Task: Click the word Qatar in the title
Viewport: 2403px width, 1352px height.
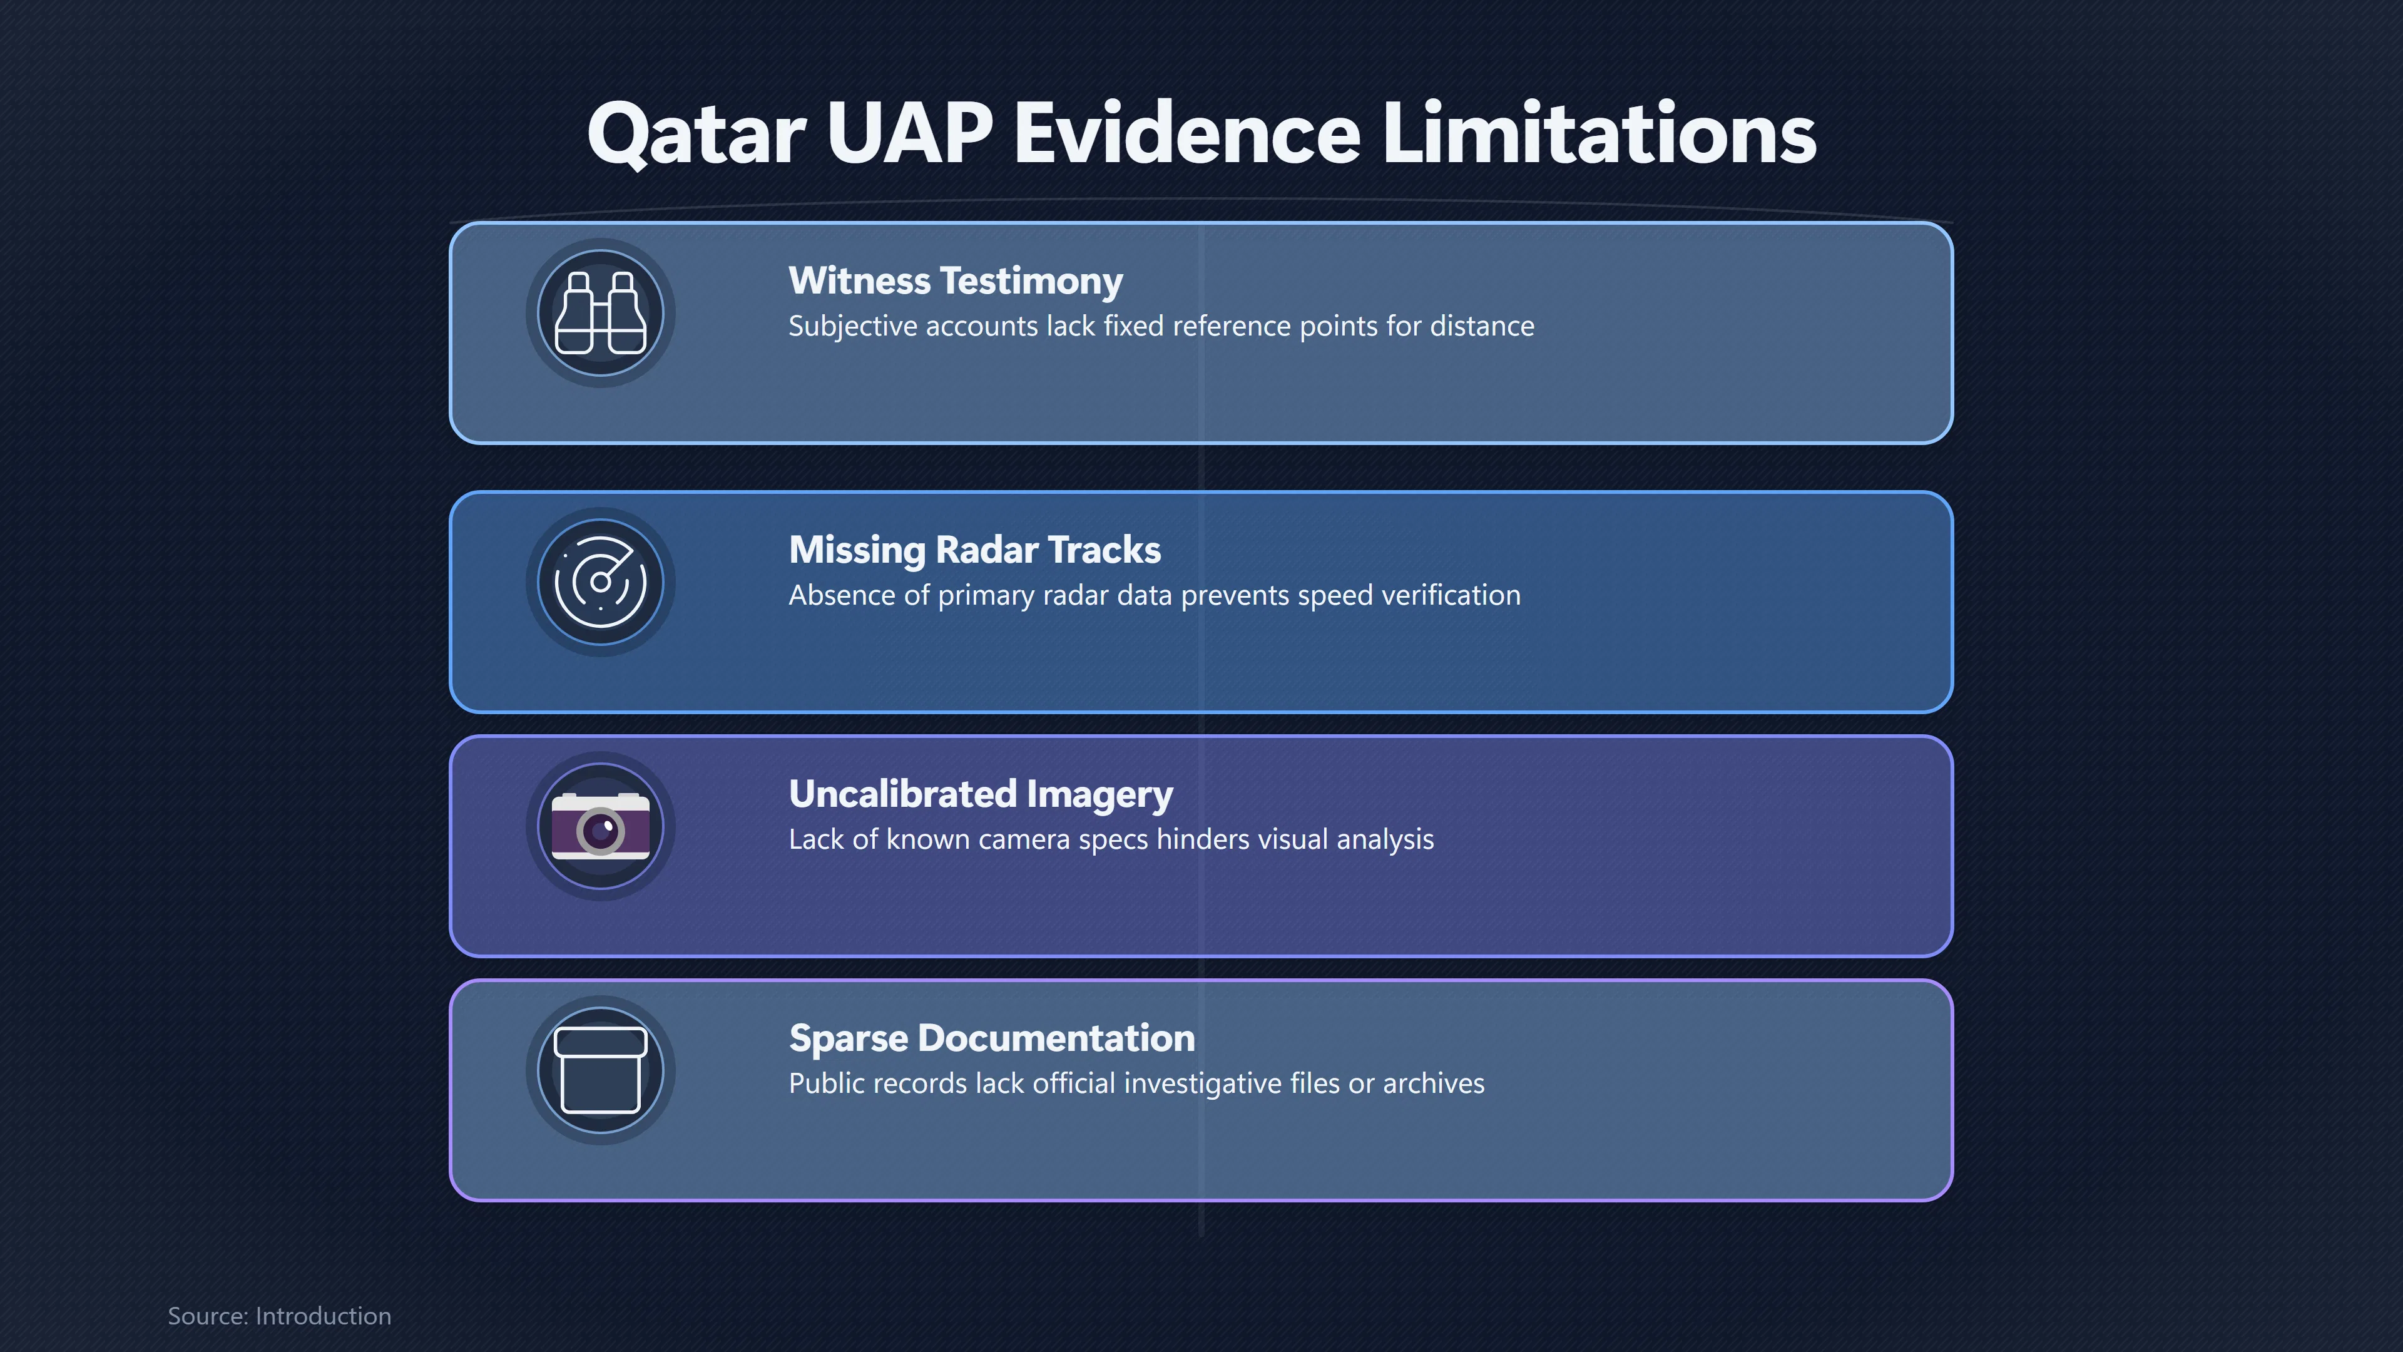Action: click(696, 135)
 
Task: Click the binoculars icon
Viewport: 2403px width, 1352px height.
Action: click(601, 312)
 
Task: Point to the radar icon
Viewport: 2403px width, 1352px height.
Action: click(601, 582)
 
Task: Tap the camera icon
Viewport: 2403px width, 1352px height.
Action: click(601, 826)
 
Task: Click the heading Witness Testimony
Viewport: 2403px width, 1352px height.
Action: click(955, 281)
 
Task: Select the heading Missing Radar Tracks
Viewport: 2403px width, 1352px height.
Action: click(975, 550)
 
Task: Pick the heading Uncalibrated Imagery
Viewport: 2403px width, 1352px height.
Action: click(981, 795)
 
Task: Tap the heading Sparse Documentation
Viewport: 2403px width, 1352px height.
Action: click(992, 1038)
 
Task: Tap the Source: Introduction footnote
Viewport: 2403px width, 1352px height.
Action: click(279, 1316)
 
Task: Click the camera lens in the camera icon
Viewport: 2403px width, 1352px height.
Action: click(601, 829)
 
